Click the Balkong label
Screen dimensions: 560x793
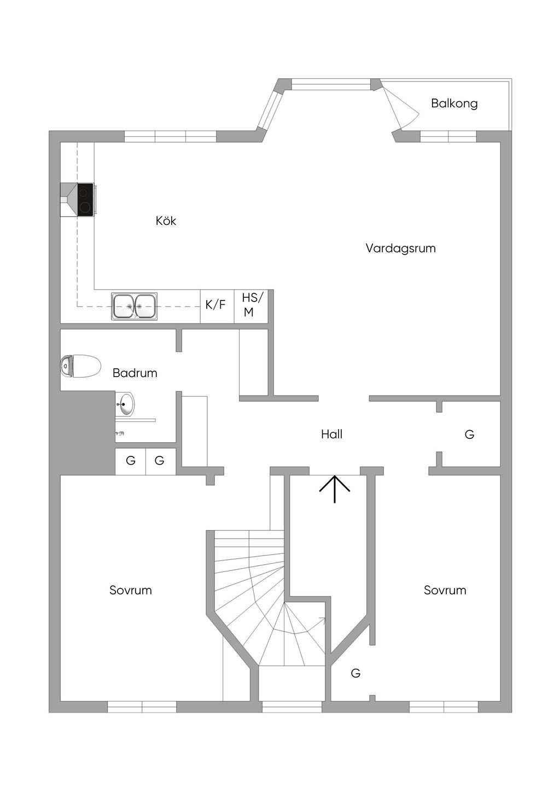coord(454,103)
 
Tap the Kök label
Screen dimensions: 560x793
coord(166,221)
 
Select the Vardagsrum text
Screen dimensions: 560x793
coord(400,248)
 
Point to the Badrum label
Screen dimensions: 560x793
coord(135,373)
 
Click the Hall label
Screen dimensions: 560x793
coord(331,434)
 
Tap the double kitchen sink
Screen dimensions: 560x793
coord(134,306)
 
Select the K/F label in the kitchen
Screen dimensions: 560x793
coord(215,304)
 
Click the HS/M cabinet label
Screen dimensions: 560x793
coord(253,304)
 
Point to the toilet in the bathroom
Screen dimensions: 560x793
coord(80,366)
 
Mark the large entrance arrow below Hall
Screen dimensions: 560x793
coord(335,489)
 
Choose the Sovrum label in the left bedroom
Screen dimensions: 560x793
coord(131,590)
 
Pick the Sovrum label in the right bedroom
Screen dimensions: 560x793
coord(445,590)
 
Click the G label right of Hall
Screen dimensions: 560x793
coord(469,435)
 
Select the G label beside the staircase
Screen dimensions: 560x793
coord(355,673)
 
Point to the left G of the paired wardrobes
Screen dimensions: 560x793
coord(131,461)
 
